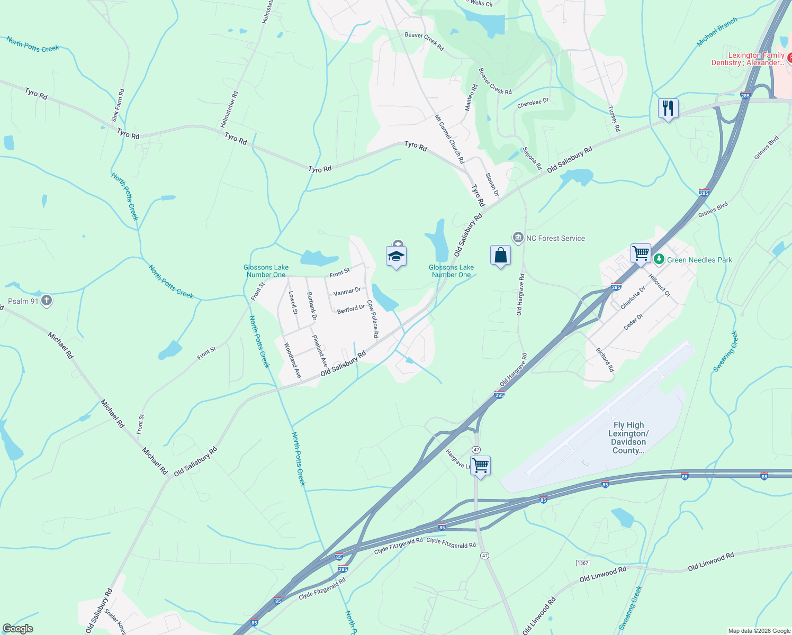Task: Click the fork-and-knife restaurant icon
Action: tap(668, 108)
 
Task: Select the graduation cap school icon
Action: tap(396, 257)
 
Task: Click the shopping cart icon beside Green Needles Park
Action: tap(641, 253)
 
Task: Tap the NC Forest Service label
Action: tap(555, 238)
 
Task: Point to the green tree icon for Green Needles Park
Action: tap(659, 259)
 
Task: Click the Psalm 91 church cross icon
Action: tap(47, 301)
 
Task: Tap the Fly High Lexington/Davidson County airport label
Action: tap(628, 438)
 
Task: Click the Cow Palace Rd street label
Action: tap(373, 319)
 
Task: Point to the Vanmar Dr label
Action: tap(347, 292)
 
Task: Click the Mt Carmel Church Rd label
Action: tap(449, 139)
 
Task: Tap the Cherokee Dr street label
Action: tap(533, 103)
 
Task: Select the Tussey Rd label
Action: tap(614, 119)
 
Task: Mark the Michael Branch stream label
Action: tap(717, 32)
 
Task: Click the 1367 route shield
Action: tap(583, 563)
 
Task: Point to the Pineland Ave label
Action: tap(320, 351)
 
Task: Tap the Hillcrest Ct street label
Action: tap(660, 286)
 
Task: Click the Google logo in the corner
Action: tap(18, 629)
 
